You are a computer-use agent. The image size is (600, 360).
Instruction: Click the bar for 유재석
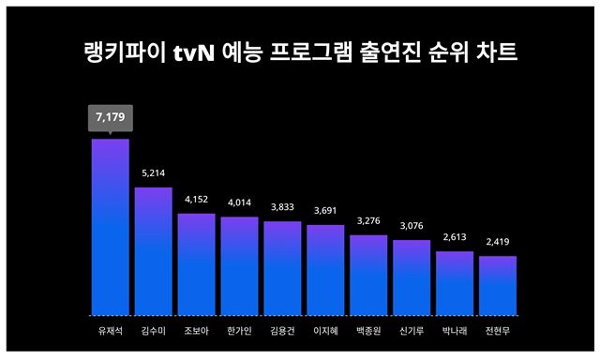[110, 227]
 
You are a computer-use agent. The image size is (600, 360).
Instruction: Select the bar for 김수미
[153, 251]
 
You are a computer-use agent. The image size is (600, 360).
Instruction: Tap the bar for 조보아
[196, 264]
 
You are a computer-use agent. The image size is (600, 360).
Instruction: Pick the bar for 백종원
[368, 275]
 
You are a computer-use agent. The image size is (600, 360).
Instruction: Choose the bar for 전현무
[498, 285]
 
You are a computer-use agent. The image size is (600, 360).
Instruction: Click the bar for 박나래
[455, 282]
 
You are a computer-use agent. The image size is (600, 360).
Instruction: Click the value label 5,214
[153, 173]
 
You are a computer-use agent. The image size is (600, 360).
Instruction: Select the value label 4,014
[239, 202]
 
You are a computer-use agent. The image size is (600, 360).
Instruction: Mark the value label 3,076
[412, 226]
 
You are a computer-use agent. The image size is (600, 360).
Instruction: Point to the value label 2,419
[498, 242]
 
